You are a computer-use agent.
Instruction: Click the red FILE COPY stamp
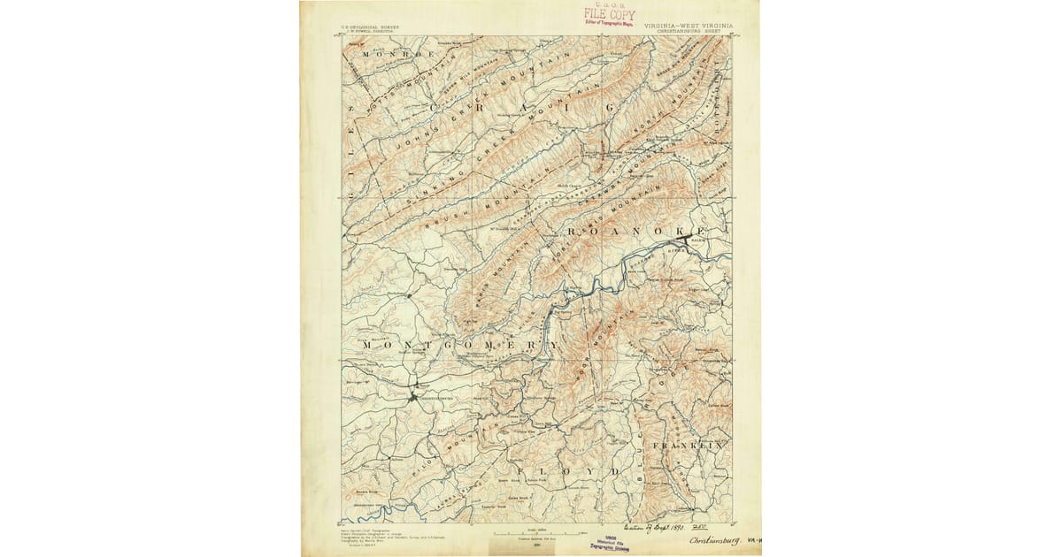click(609, 15)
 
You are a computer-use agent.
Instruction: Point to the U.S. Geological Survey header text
click(370, 27)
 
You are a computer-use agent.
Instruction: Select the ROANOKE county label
click(627, 231)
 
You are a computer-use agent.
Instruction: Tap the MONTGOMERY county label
click(460, 343)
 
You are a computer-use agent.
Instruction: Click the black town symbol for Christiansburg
click(412, 397)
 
